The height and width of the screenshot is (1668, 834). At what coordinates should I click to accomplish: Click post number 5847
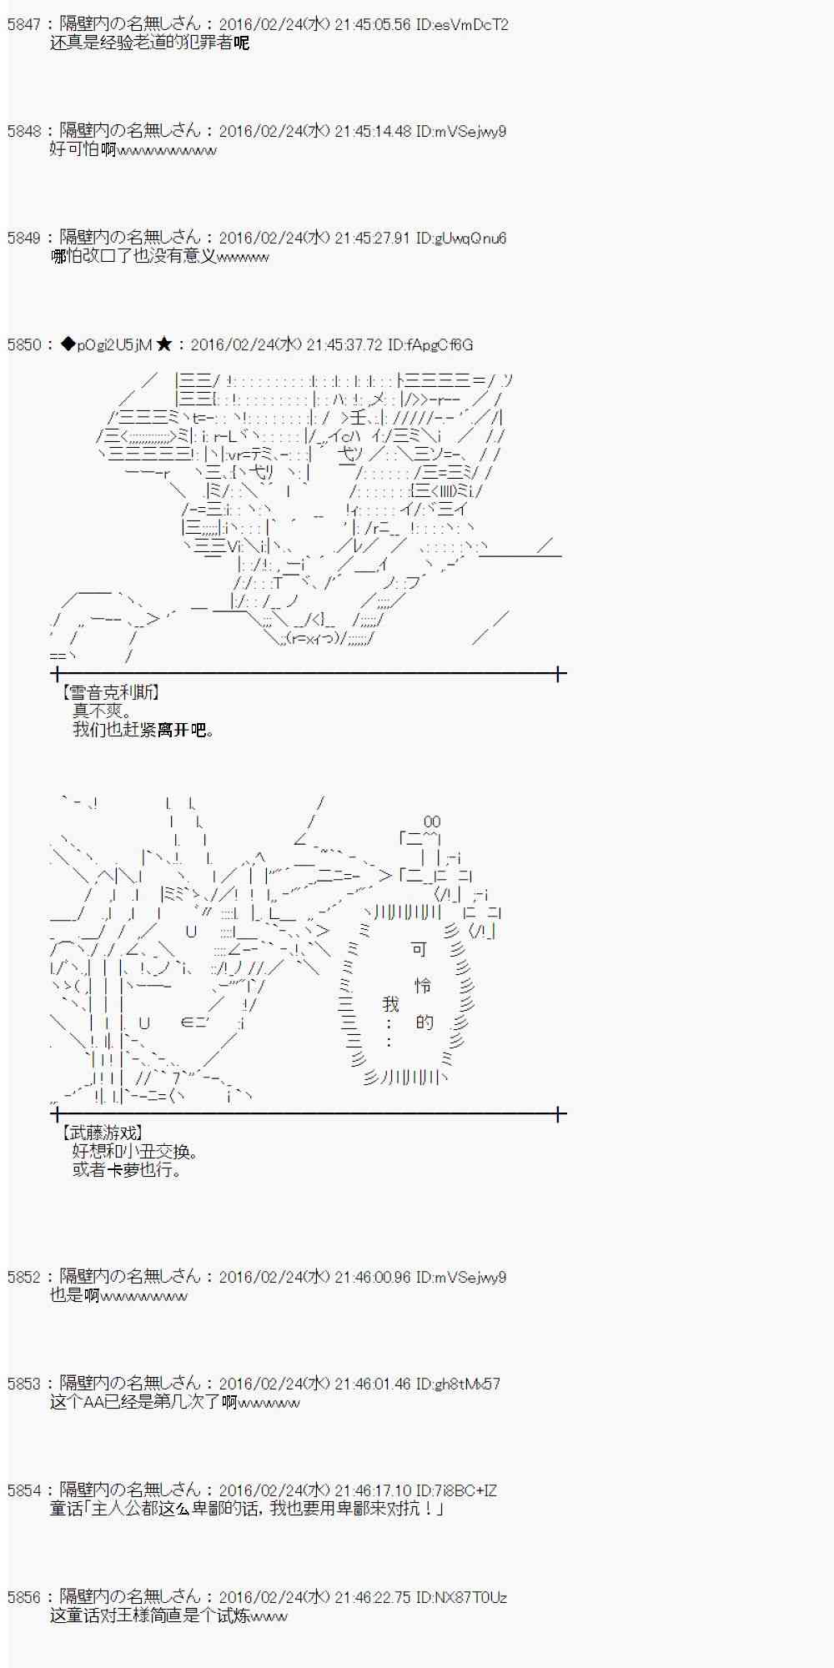click(x=23, y=25)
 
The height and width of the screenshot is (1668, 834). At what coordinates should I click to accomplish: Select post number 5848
click(x=23, y=132)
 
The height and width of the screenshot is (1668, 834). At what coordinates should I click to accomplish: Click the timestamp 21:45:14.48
click(x=373, y=132)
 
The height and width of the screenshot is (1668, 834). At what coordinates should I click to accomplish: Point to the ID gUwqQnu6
click(x=460, y=239)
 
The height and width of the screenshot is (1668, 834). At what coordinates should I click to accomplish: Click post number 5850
click(x=23, y=345)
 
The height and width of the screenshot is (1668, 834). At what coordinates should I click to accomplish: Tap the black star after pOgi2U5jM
click(x=164, y=345)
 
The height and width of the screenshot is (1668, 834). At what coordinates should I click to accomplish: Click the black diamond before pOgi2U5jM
click(x=68, y=345)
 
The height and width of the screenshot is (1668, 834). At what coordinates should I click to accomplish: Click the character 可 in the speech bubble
click(x=419, y=949)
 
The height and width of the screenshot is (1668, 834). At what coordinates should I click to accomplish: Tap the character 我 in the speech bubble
click(x=390, y=1004)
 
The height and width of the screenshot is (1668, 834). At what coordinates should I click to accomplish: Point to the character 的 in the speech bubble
click(x=425, y=1022)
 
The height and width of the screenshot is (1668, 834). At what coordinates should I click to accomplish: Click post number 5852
click(x=23, y=1278)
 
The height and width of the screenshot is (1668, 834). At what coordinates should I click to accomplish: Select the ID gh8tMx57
click(x=458, y=1384)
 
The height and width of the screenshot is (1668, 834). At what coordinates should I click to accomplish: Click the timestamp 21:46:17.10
click(x=373, y=1491)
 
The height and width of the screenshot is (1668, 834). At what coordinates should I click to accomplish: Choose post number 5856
click(x=23, y=1598)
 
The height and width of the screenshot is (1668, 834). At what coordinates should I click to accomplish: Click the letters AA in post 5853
click(x=92, y=1403)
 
